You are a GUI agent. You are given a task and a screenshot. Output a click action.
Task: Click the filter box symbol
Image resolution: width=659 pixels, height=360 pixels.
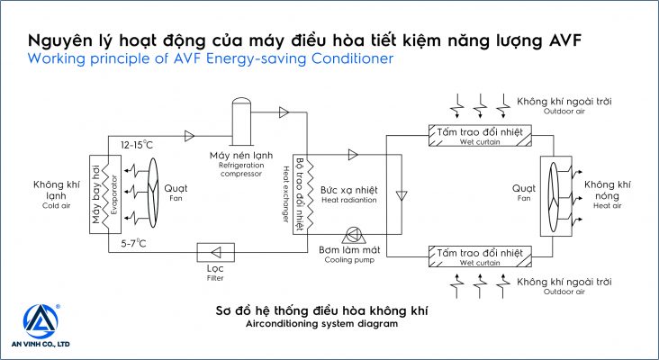215,252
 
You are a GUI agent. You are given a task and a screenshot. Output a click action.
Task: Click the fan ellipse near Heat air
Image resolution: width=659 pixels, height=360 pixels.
555,192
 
